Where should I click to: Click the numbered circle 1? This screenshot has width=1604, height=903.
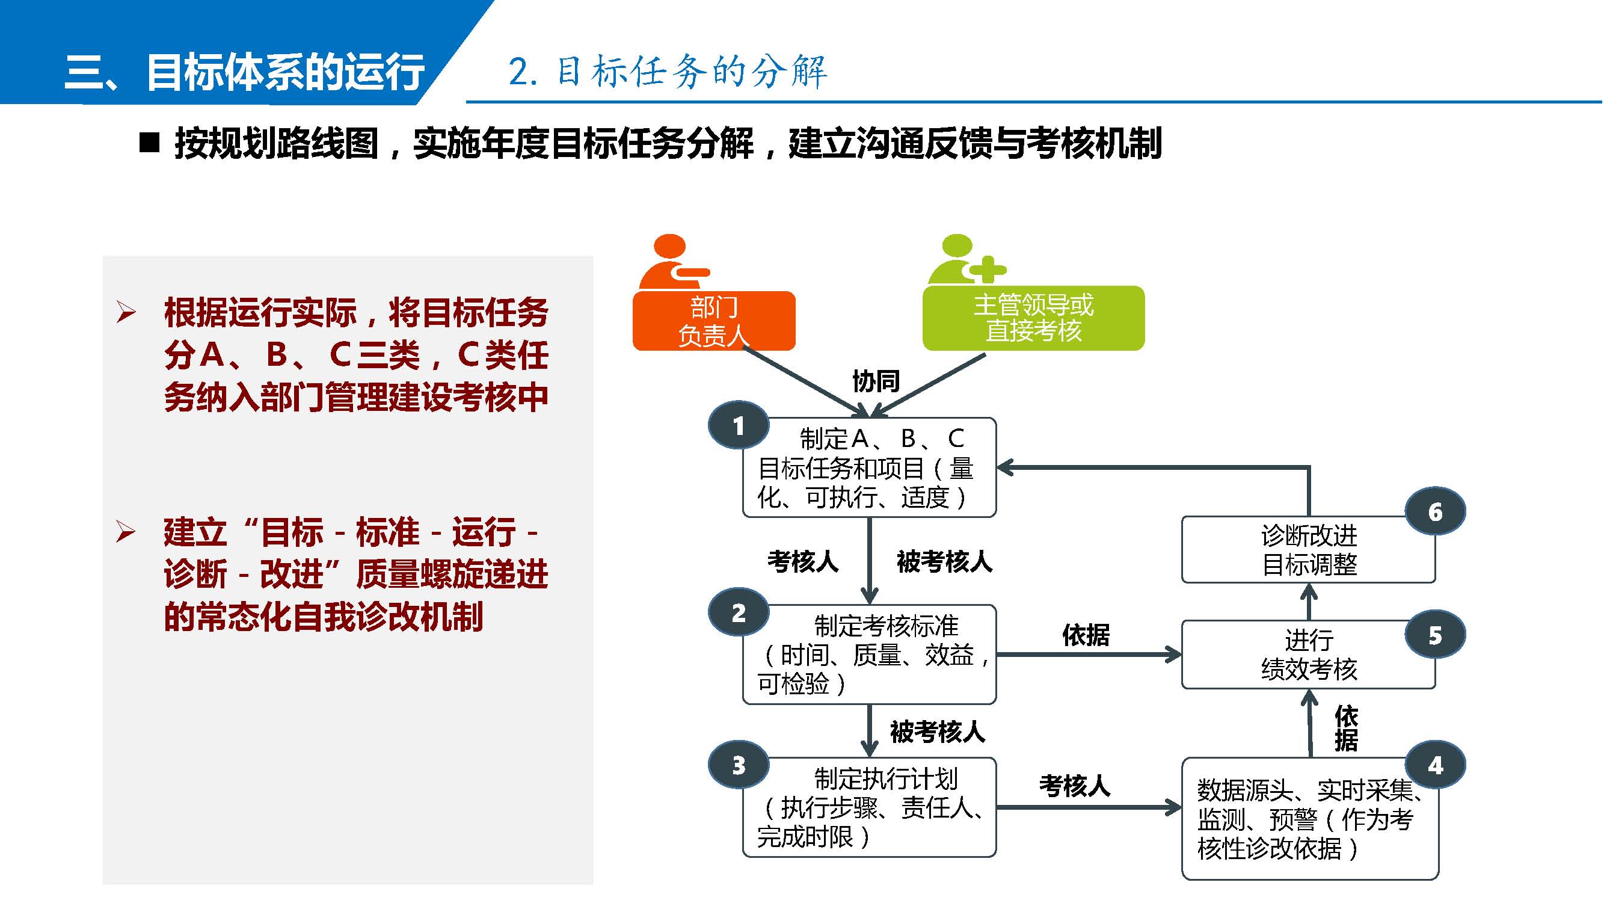coord(739,425)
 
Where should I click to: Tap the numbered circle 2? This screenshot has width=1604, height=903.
coord(739,612)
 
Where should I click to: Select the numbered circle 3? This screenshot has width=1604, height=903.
coord(739,765)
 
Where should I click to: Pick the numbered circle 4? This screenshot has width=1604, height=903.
coord(1435,765)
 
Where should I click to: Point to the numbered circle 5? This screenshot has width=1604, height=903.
coord(1435,635)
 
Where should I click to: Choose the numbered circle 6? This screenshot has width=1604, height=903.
coord(1435,512)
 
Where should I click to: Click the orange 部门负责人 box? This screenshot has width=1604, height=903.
coord(713,321)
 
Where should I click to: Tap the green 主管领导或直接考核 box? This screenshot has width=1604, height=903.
coord(1033,318)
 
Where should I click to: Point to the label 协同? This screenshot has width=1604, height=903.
coord(876,380)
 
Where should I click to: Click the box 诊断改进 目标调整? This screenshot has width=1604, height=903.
coord(1307,550)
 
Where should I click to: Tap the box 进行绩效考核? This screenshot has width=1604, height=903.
coord(1307,654)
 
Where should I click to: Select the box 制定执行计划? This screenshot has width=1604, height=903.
coord(869,807)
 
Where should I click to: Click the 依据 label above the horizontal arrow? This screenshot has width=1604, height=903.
coord(1086,635)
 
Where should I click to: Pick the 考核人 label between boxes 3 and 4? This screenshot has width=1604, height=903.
coord(1075,786)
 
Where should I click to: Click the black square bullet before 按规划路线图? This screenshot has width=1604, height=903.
coord(149,143)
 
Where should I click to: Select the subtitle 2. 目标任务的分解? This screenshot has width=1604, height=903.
coord(668,71)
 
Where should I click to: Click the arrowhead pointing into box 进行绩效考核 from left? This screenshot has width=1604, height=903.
coord(1174,655)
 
